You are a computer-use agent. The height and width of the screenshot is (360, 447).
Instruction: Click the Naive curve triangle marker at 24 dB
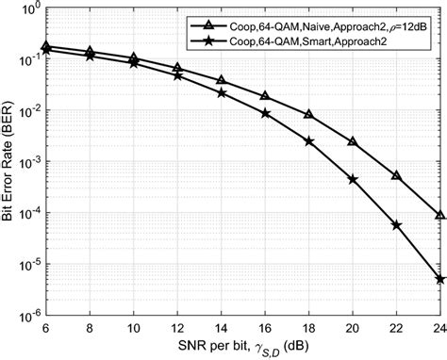[440, 215]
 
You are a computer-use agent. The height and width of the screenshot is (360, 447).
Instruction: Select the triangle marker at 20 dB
[353, 141]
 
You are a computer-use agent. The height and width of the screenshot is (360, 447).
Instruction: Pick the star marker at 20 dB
[353, 179]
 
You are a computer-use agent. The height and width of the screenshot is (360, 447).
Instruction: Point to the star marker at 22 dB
[397, 225]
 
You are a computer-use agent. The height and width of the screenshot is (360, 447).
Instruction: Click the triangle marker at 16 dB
[265, 96]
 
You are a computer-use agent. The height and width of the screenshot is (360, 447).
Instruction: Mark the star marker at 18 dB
[309, 141]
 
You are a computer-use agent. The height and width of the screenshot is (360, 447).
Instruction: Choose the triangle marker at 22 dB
[397, 175]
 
